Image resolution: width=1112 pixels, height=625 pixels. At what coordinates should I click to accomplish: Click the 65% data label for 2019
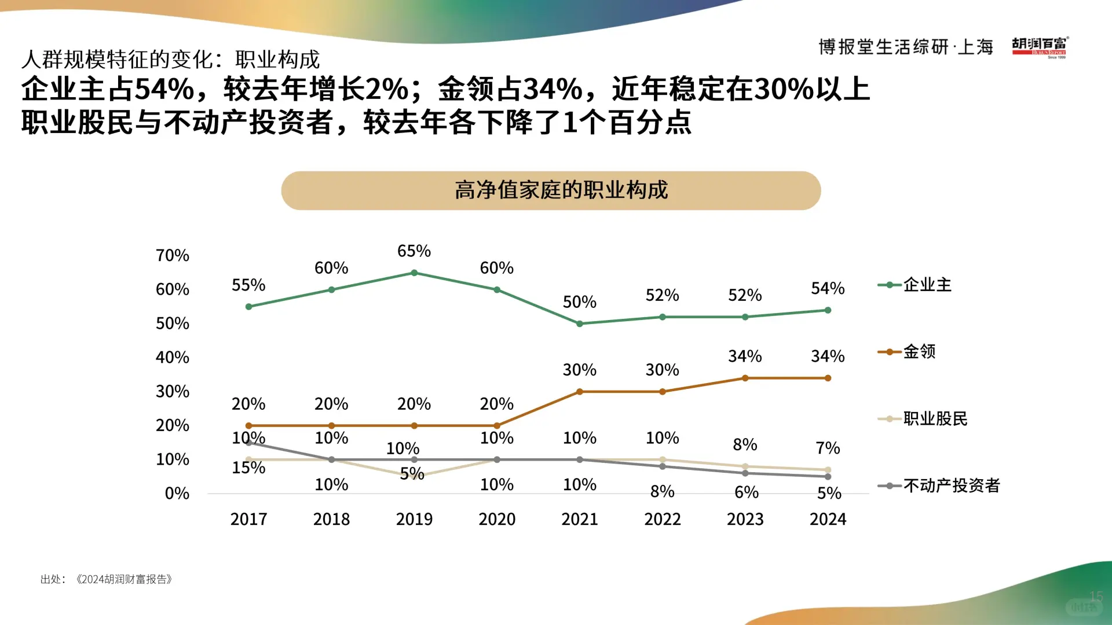pos(414,251)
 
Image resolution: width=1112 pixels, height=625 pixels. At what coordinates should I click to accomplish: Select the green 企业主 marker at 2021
pos(580,323)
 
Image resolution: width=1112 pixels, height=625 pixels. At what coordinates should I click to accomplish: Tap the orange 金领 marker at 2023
pos(745,378)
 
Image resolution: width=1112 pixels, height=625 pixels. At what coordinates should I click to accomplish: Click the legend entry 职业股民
pos(934,418)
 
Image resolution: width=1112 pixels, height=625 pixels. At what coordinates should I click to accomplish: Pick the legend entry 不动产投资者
pos(950,486)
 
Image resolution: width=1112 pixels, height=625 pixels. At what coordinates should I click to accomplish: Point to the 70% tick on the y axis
pos(172,255)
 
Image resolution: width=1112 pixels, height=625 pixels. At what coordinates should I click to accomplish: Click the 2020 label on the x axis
pos(496,519)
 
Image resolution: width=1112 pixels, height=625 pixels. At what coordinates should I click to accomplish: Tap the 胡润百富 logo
pos(1040,47)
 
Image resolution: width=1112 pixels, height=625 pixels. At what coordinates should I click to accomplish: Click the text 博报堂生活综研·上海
pos(905,47)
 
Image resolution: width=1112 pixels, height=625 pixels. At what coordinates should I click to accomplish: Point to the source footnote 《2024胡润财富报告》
pos(123,579)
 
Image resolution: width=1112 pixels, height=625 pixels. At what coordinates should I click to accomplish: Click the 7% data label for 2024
pos(828,448)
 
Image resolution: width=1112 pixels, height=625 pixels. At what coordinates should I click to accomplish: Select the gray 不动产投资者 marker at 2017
pos(249,443)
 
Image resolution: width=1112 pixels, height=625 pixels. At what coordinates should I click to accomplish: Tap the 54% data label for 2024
pos(828,288)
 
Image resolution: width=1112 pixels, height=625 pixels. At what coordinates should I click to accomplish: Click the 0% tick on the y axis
pos(177,493)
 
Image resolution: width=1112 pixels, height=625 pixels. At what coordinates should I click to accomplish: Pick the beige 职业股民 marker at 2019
pos(414,476)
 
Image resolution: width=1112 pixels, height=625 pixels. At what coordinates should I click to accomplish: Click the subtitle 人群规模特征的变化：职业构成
pos(170,59)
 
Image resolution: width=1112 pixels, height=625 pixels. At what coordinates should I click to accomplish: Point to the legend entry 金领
pos(919,351)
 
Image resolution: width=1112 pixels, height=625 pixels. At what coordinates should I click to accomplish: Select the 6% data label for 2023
pos(746,492)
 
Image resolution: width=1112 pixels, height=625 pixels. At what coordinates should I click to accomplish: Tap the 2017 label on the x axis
pos(248,519)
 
